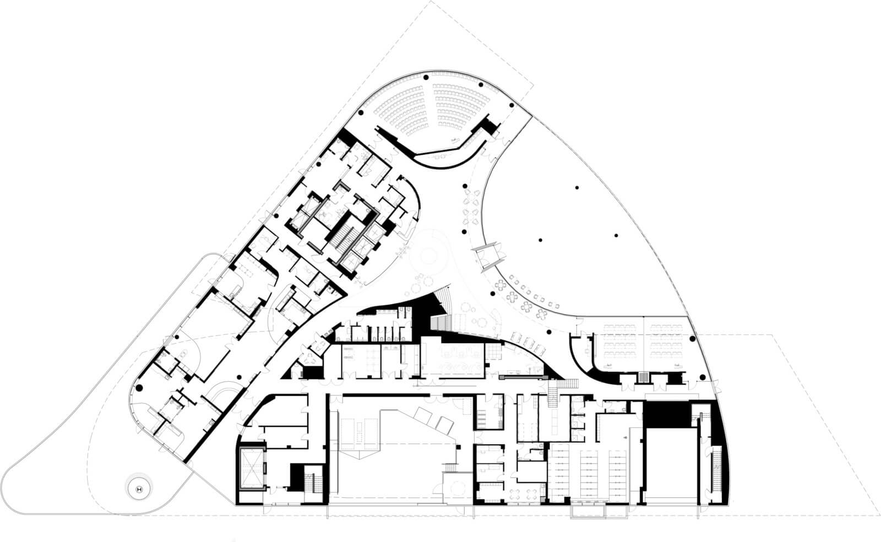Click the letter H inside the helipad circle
(x=139, y=489)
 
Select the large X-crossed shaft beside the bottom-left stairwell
(x=251, y=468)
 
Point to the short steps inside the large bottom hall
(x=451, y=468)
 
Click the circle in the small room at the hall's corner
(x=456, y=488)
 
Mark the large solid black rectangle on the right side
(x=667, y=415)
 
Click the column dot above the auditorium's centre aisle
(x=426, y=77)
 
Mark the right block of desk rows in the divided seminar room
(x=665, y=342)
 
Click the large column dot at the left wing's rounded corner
(x=138, y=388)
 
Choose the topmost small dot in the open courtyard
(x=577, y=188)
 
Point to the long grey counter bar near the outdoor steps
(x=524, y=377)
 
